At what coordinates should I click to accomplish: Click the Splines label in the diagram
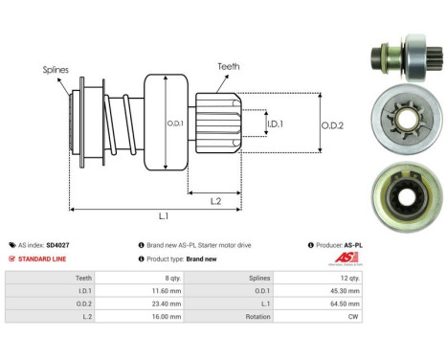coord(56,69)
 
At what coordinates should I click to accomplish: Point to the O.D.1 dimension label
coord(174,122)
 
